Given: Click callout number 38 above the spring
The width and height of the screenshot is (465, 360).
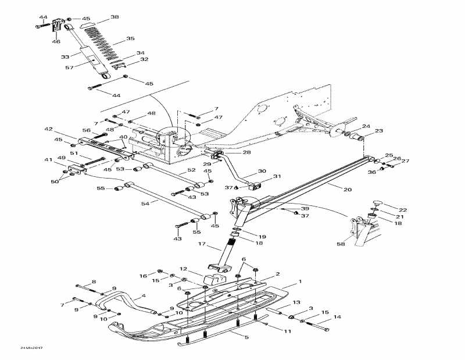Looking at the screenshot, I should pyautogui.click(x=115, y=17).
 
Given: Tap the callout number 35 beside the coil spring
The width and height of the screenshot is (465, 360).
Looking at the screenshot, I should pyautogui.click(x=130, y=39).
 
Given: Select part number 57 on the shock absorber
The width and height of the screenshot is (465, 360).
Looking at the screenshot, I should pyautogui.click(x=70, y=67).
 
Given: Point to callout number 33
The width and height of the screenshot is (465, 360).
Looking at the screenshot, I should pyautogui.click(x=66, y=56).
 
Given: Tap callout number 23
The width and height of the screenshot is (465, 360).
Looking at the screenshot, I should pyautogui.click(x=379, y=131).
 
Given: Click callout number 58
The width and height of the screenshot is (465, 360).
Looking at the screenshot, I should pyautogui.click(x=340, y=244).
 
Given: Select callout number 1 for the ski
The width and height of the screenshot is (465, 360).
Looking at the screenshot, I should pyautogui.click(x=300, y=281).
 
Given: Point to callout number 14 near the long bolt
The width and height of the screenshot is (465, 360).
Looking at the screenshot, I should pyautogui.click(x=337, y=317).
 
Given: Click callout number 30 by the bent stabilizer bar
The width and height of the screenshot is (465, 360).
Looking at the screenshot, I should pyautogui.click(x=262, y=171).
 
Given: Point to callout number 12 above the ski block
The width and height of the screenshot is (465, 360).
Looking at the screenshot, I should pyautogui.click(x=183, y=269).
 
